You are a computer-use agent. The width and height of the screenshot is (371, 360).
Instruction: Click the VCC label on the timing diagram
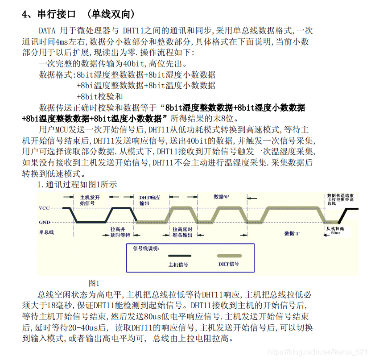(44, 208)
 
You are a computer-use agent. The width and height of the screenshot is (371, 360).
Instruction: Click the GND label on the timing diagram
(44, 222)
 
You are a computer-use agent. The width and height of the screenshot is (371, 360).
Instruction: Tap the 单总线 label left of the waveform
(46, 232)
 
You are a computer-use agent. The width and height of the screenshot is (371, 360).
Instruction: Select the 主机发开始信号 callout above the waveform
(90, 200)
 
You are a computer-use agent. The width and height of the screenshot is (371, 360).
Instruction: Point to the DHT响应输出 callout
(149, 200)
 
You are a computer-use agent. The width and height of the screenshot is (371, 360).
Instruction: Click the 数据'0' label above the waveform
(221, 197)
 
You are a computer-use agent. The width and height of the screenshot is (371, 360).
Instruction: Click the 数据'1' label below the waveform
(292, 234)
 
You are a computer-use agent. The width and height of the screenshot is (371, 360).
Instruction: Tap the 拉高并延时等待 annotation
(120, 232)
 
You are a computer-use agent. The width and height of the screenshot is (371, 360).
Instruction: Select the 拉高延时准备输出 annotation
(182, 232)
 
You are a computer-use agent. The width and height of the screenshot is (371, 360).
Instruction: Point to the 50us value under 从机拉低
(335, 233)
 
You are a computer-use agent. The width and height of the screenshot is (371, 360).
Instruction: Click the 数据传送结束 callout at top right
(340, 199)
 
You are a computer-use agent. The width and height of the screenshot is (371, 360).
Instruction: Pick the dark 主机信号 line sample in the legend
(180, 256)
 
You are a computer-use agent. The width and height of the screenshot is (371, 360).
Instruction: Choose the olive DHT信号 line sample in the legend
(229, 256)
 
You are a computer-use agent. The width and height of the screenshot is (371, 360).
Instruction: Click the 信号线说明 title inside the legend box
(146, 248)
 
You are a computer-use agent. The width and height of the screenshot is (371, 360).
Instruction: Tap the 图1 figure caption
(94, 283)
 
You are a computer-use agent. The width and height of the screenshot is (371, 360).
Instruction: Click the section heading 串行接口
(57, 14)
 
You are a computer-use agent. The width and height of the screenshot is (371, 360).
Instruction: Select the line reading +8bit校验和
(99, 96)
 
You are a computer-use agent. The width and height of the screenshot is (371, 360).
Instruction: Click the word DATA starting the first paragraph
(47, 31)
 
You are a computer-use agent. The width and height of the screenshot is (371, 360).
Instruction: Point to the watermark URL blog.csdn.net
(317, 352)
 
